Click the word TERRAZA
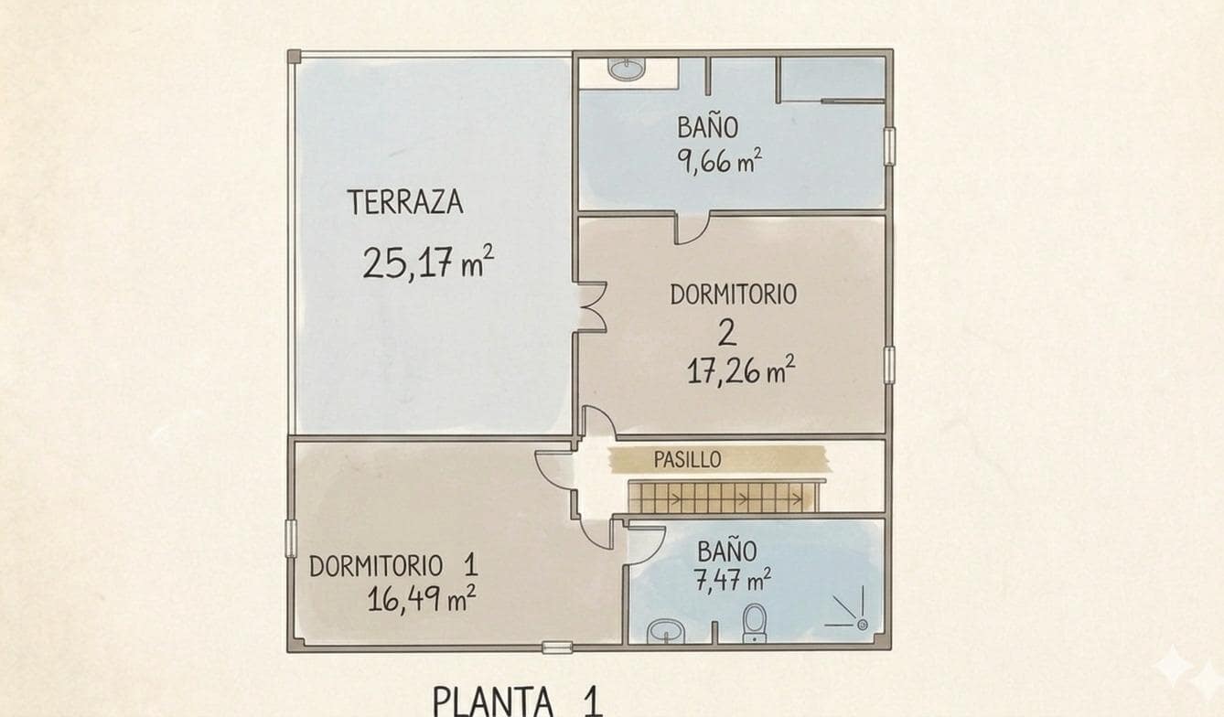404,202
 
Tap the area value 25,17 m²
427,262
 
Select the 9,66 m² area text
719,162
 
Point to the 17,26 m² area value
740,371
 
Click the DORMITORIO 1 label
392,566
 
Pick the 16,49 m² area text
421,599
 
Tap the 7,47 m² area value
732,580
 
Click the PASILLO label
687,460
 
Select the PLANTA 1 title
517,701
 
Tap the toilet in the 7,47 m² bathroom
755,621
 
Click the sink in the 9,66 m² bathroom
627,69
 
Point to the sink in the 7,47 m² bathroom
665,630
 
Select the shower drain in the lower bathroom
862,624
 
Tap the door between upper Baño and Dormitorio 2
691,228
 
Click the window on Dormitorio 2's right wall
888,365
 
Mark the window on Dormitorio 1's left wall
291,538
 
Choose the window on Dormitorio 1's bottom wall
556,647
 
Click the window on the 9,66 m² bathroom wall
888,146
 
